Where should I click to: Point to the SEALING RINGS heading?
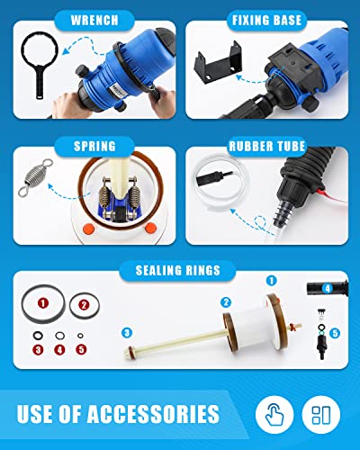pos(180,268)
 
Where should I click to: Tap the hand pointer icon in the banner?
pos(274,414)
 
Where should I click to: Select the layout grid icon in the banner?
pos(322,414)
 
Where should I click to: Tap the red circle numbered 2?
pos(84,304)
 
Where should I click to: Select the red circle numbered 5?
pos(81,349)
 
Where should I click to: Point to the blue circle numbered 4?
pos(328,288)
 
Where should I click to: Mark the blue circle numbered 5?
pos(335,333)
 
